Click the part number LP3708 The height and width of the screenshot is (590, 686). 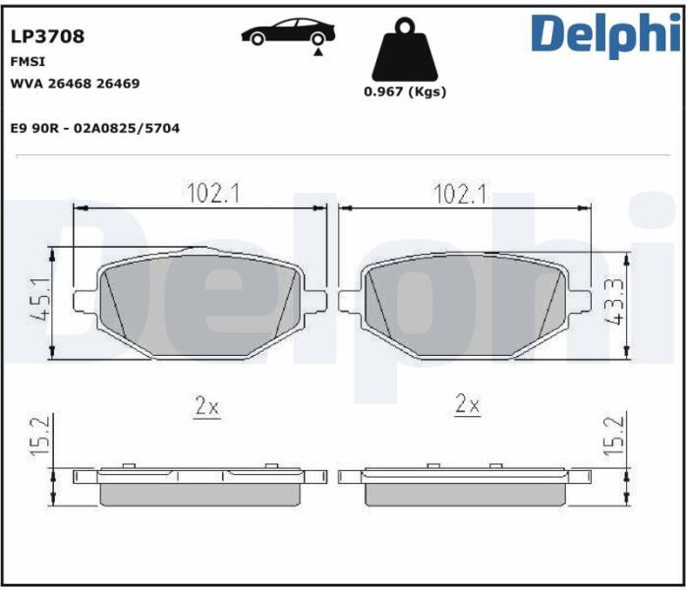(x=47, y=36)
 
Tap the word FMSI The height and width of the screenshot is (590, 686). (x=28, y=62)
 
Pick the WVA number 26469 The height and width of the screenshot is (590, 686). (x=118, y=84)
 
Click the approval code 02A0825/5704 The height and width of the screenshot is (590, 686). (x=127, y=128)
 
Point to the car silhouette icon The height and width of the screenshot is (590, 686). (x=288, y=31)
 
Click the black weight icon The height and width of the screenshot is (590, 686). (x=405, y=49)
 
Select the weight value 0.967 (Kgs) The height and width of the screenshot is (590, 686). (x=405, y=91)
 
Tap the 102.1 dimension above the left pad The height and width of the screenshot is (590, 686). (x=213, y=194)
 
